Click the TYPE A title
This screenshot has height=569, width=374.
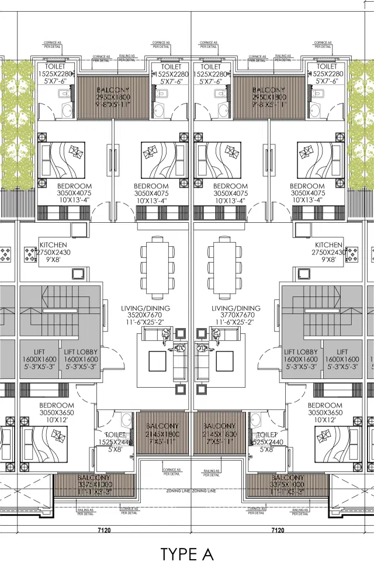coord(188,553)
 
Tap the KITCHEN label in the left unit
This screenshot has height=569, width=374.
coord(53,245)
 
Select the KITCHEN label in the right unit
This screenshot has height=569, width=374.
coord(328,245)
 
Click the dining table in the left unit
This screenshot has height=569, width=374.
coord(158,265)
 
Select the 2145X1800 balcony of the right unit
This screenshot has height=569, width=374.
coord(220,435)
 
